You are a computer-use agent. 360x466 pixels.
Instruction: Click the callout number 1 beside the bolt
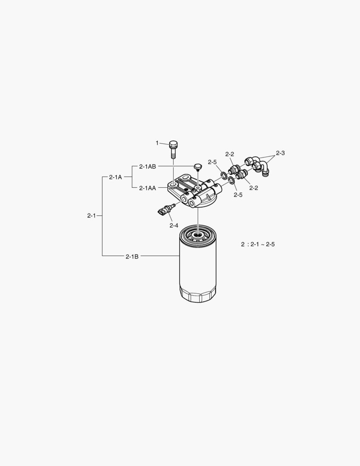click(x=157, y=143)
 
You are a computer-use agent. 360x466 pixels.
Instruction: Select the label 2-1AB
click(x=147, y=167)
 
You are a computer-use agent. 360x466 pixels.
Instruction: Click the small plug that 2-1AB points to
click(x=198, y=167)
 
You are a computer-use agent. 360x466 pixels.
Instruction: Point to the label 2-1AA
click(x=147, y=188)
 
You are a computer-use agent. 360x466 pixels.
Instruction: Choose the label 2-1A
click(x=115, y=177)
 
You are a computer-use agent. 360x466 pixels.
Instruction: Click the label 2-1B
click(x=132, y=256)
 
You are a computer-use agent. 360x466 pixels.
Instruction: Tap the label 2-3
click(x=280, y=153)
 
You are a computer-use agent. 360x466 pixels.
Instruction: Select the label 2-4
click(x=174, y=225)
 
